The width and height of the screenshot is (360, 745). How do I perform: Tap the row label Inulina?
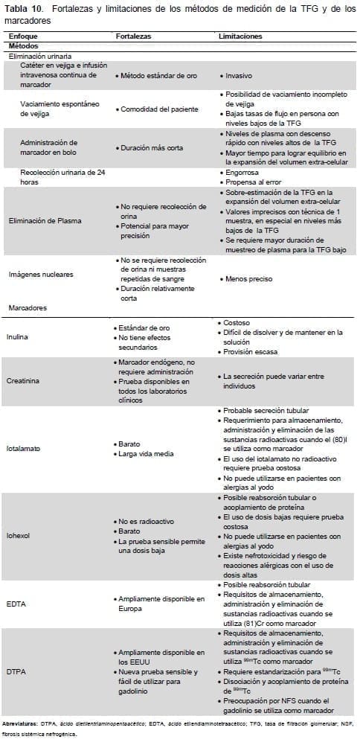coord(19,336)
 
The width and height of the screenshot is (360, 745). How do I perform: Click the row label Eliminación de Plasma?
coord(45,220)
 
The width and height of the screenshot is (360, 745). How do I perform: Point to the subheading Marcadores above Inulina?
coord(29,306)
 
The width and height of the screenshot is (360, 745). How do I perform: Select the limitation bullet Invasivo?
coord(238,76)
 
